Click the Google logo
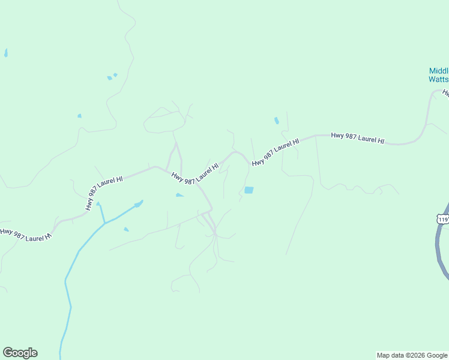(x=20, y=353)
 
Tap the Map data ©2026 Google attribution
(x=412, y=355)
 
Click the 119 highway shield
(x=443, y=219)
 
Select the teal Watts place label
(x=439, y=79)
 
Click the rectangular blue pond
(x=249, y=190)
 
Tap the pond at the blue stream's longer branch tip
(x=138, y=204)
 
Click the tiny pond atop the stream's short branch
(x=98, y=203)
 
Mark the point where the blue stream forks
(x=105, y=223)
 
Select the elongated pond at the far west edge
(x=6, y=53)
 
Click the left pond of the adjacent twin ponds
(x=109, y=77)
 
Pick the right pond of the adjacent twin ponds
(x=115, y=75)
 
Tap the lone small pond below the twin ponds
(x=79, y=116)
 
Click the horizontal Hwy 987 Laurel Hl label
(x=357, y=137)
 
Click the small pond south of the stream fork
(x=126, y=229)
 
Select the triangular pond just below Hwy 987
(x=179, y=195)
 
